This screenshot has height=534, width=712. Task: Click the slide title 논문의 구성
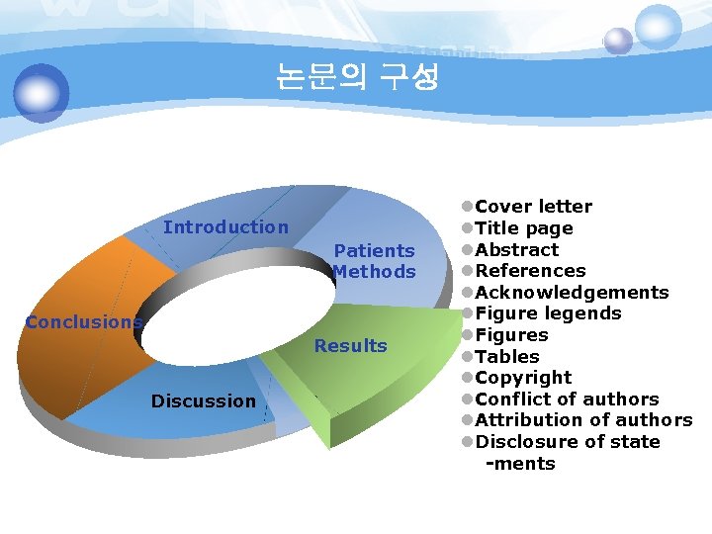[x=357, y=77]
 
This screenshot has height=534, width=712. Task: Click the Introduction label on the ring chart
[x=225, y=227]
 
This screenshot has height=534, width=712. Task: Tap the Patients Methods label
[x=374, y=261]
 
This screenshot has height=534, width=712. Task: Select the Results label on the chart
[x=350, y=346]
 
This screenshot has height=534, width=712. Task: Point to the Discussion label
[x=203, y=400]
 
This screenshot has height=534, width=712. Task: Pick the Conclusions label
[x=84, y=322]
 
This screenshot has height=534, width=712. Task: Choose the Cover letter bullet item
[x=533, y=207]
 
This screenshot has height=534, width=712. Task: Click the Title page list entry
[x=523, y=228]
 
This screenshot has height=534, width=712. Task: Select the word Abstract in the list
[x=516, y=250]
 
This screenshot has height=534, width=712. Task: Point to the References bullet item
[x=530, y=271]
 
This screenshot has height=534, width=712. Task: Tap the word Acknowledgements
[x=572, y=293]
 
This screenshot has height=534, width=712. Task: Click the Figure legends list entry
[x=548, y=313]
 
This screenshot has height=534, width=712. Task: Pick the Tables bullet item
[x=507, y=357]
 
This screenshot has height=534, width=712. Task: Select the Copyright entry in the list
[x=523, y=378]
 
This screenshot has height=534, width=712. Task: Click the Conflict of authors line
[x=567, y=400]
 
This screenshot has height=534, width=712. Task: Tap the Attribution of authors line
[x=583, y=420]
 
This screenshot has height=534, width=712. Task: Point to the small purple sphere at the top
[x=618, y=41]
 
